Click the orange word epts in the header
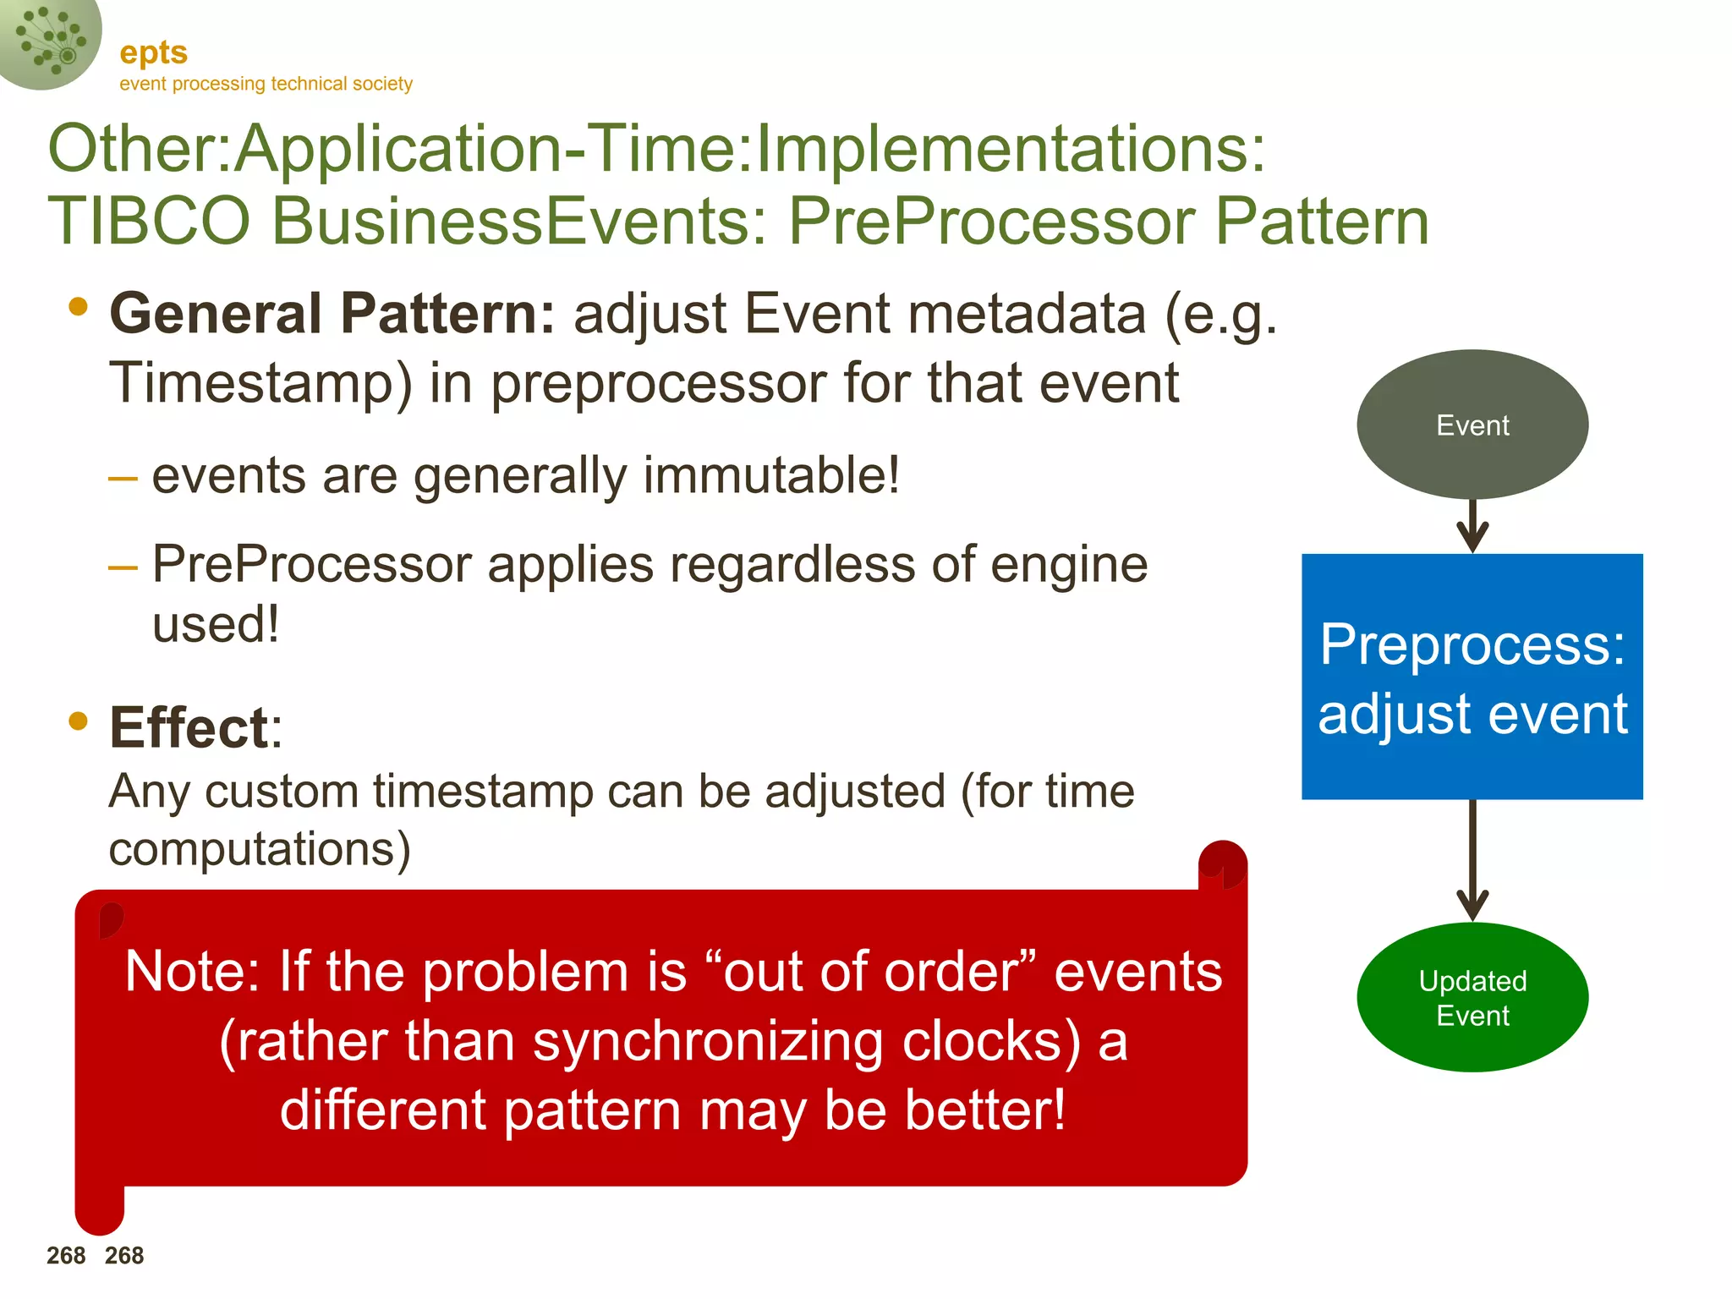coord(153,52)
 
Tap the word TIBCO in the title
coord(149,222)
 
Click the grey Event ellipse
coord(1472,425)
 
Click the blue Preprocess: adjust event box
coord(1472,677)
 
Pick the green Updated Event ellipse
coord(1472,997)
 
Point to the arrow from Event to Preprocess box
coord(1472,527)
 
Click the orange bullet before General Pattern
coord(79,306)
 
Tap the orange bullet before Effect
coord(79,721)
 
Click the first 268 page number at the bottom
coord(66,1256)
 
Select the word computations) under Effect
coord(260,849)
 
